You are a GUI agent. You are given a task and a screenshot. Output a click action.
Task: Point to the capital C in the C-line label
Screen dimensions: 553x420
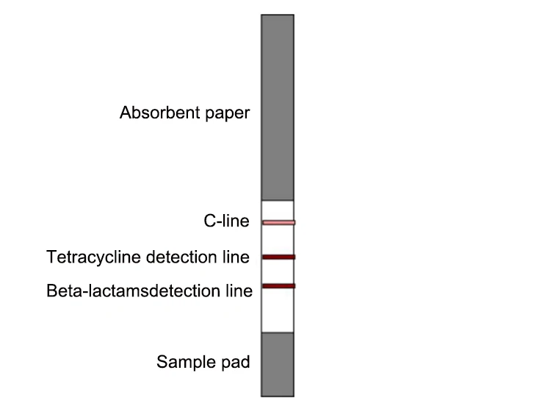(x=209, y=221)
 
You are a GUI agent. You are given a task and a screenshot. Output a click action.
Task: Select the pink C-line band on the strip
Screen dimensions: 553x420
(x=278, y=222)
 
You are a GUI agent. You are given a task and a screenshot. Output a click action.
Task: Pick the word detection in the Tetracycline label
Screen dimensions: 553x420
(x=184, y=257)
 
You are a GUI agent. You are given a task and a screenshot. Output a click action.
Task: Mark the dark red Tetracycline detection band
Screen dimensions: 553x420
(x=278, y=257)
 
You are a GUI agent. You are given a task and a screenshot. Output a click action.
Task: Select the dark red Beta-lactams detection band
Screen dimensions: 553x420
(x=278, y=285)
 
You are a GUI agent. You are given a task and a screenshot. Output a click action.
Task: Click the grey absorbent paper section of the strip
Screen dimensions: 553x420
(x=278, y=107)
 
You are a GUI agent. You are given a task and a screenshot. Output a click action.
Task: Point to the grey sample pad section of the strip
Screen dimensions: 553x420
(x=278, y=364)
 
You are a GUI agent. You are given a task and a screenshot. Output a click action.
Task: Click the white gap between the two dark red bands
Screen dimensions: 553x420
(x=278, y=271)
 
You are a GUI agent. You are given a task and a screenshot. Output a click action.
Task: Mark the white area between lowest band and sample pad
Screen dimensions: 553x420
(x=278, y=310)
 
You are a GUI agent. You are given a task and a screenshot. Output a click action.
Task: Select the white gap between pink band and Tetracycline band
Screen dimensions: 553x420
(x=278, y=240)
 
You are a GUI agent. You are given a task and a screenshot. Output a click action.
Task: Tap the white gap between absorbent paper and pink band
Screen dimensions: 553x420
(x=278, y=210)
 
